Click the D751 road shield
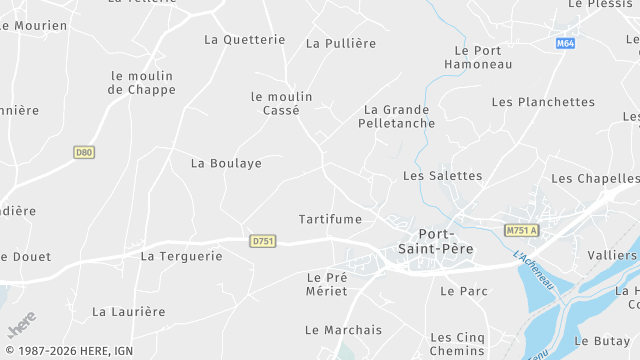pos(263,241)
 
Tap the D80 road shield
pos(84,152)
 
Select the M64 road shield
pos(566,44)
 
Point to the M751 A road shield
pos(521,230)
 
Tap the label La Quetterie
pos(244,40)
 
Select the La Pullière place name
pos(341,43)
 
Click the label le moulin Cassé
pos(281,104)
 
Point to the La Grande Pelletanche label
pos(397,116)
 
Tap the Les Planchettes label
pos(543,102)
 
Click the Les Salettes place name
pos(442,176)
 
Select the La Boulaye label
pos(226,163)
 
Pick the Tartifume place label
pos(330,218)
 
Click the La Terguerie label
pos(181,256)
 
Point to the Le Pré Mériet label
pos(327,284)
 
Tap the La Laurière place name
pos(128,312)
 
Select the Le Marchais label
pos(344,330)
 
